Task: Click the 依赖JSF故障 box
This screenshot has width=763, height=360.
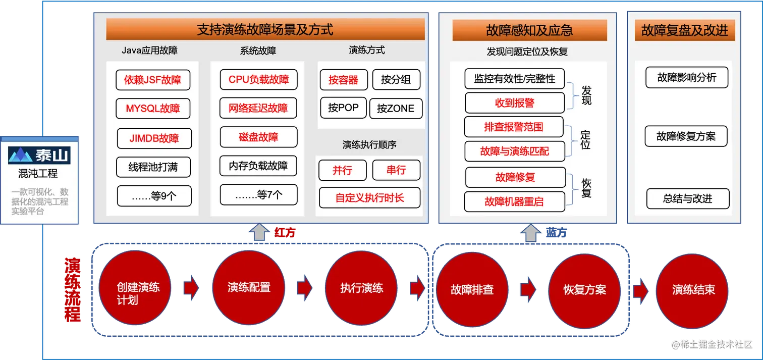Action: tap(153, 80)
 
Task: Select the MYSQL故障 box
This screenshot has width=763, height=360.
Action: tap(153, 109)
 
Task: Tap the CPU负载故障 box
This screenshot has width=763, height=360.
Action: tap(258, 79)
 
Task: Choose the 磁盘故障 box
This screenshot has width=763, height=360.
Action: tap(258, 137)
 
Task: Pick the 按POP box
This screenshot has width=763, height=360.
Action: tap(343, 108)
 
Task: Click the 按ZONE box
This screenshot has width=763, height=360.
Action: tap(396, 109)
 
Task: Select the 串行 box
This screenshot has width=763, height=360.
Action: tap(396, 170)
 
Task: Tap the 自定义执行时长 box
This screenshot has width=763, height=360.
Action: tap(369, 197)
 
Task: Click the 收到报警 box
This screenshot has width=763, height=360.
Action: tap(514, 103)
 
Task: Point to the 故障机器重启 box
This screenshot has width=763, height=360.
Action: tap(514, 201)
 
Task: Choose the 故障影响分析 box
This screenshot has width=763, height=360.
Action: tap(687, 78)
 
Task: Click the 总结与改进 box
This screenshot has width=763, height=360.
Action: tap(687, 198)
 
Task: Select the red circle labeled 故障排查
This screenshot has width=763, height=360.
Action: tap(472, 290)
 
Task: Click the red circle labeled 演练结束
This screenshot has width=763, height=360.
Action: tap(693, 290)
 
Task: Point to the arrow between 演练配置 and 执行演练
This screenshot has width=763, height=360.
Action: tap(305, 288)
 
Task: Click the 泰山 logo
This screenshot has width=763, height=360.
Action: tap(39, 155)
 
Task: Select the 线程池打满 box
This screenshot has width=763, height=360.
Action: tap(153, 167)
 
